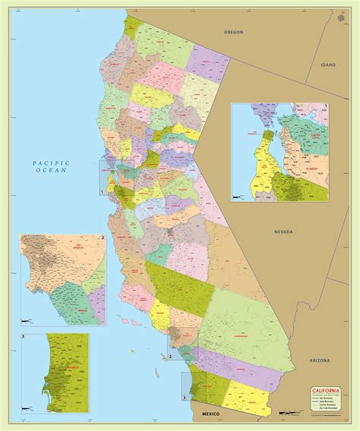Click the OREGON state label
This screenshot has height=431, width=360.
232,33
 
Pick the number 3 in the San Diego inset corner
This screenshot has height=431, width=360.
24,336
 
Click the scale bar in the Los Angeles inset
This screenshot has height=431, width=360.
27,319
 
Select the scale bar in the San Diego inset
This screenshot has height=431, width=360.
27,409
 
